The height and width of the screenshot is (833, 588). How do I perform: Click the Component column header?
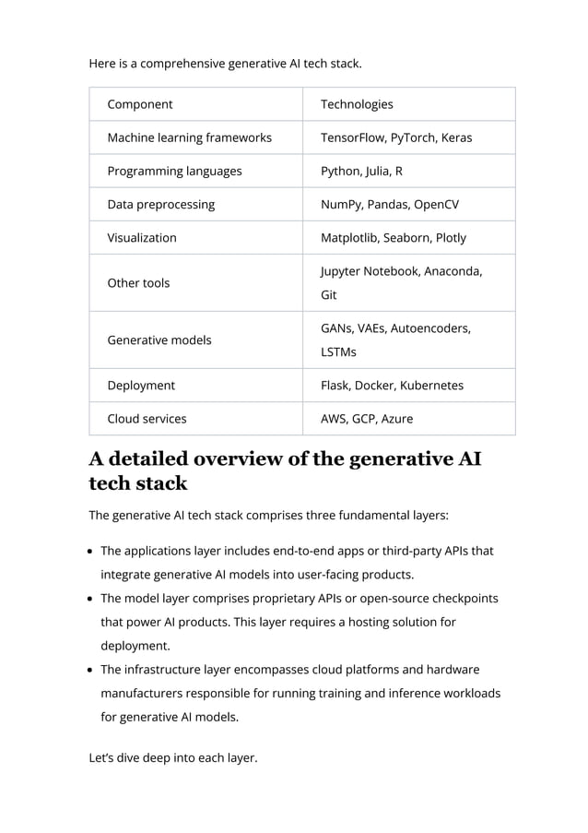(x=140, y=104)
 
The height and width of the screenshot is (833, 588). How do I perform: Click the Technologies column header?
(x=357, y=104)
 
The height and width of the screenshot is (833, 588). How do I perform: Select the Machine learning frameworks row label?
(x=189, y=137)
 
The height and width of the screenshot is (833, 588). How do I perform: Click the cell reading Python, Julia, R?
(x=361, y=171)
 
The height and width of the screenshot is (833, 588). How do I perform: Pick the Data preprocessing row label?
(x=160, y=204)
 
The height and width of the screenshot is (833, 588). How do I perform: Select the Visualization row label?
(x=142, y=237)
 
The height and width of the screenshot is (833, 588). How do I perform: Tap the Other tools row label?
(x=138, y=283)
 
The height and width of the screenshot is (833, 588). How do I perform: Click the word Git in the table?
(x=329, y=295)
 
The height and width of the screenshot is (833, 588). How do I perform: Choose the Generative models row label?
(x=159, y=339)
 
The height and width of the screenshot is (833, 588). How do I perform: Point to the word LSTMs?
(x=339, y=352)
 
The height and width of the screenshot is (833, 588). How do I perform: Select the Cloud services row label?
(x=147, y=418)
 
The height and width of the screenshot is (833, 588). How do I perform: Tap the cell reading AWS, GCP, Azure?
(x=366, y=418)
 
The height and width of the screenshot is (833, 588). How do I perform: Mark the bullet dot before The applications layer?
(x=93, y=552)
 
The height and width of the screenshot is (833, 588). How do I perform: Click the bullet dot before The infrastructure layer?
(x=93, y=670)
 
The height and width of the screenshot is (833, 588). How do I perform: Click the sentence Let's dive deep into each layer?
(x=172, y=758)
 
